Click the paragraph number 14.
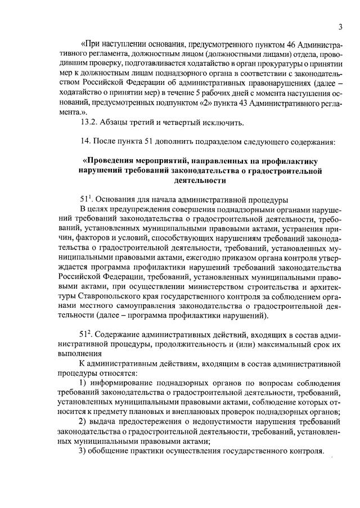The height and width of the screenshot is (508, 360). click(86, 142)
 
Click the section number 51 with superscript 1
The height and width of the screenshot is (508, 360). click(87, 200)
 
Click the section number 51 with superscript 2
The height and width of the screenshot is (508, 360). click(87, 335)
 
